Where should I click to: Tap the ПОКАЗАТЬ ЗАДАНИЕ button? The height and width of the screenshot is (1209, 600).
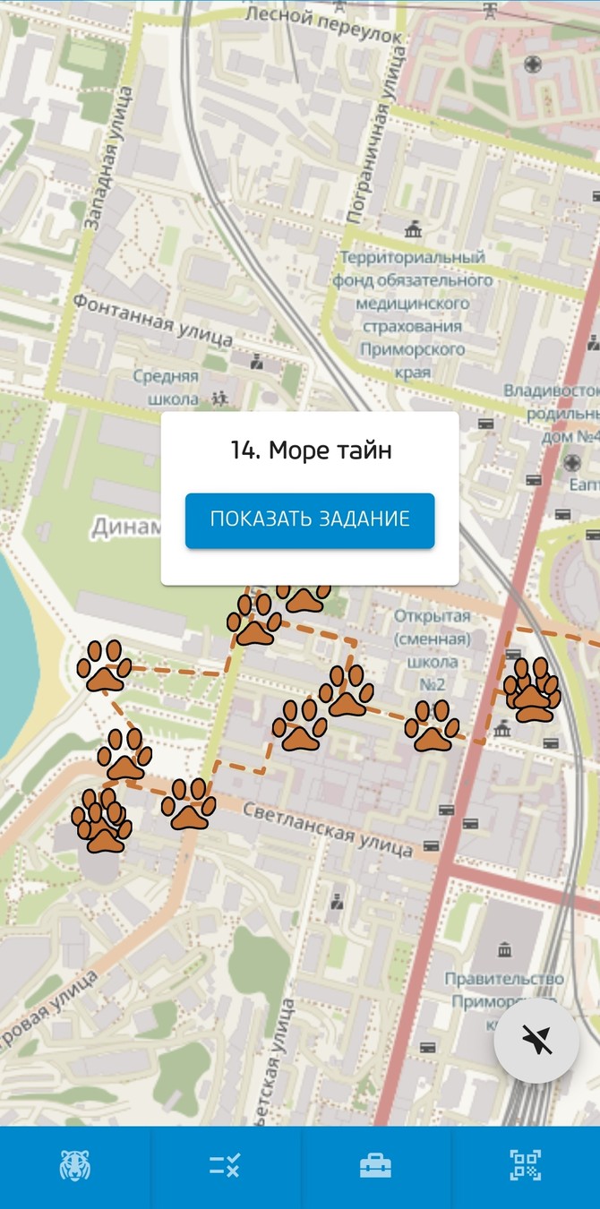[310, 519]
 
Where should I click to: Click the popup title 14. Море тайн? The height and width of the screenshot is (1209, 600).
[310, 450]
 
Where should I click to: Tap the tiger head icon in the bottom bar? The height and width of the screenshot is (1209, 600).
[75, 1166]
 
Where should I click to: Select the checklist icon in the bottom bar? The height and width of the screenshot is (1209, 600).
[225, 1166]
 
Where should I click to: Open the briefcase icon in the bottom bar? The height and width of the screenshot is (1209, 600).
[375, 1166]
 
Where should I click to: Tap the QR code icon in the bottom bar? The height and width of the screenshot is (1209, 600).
[526, 1166]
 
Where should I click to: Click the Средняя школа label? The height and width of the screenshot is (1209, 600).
[166, 387]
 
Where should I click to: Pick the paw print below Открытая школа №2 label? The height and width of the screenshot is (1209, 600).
[432, 725]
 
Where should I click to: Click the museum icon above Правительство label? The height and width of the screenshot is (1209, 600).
[505, 949]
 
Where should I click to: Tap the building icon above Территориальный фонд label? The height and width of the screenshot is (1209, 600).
[413, 230]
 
